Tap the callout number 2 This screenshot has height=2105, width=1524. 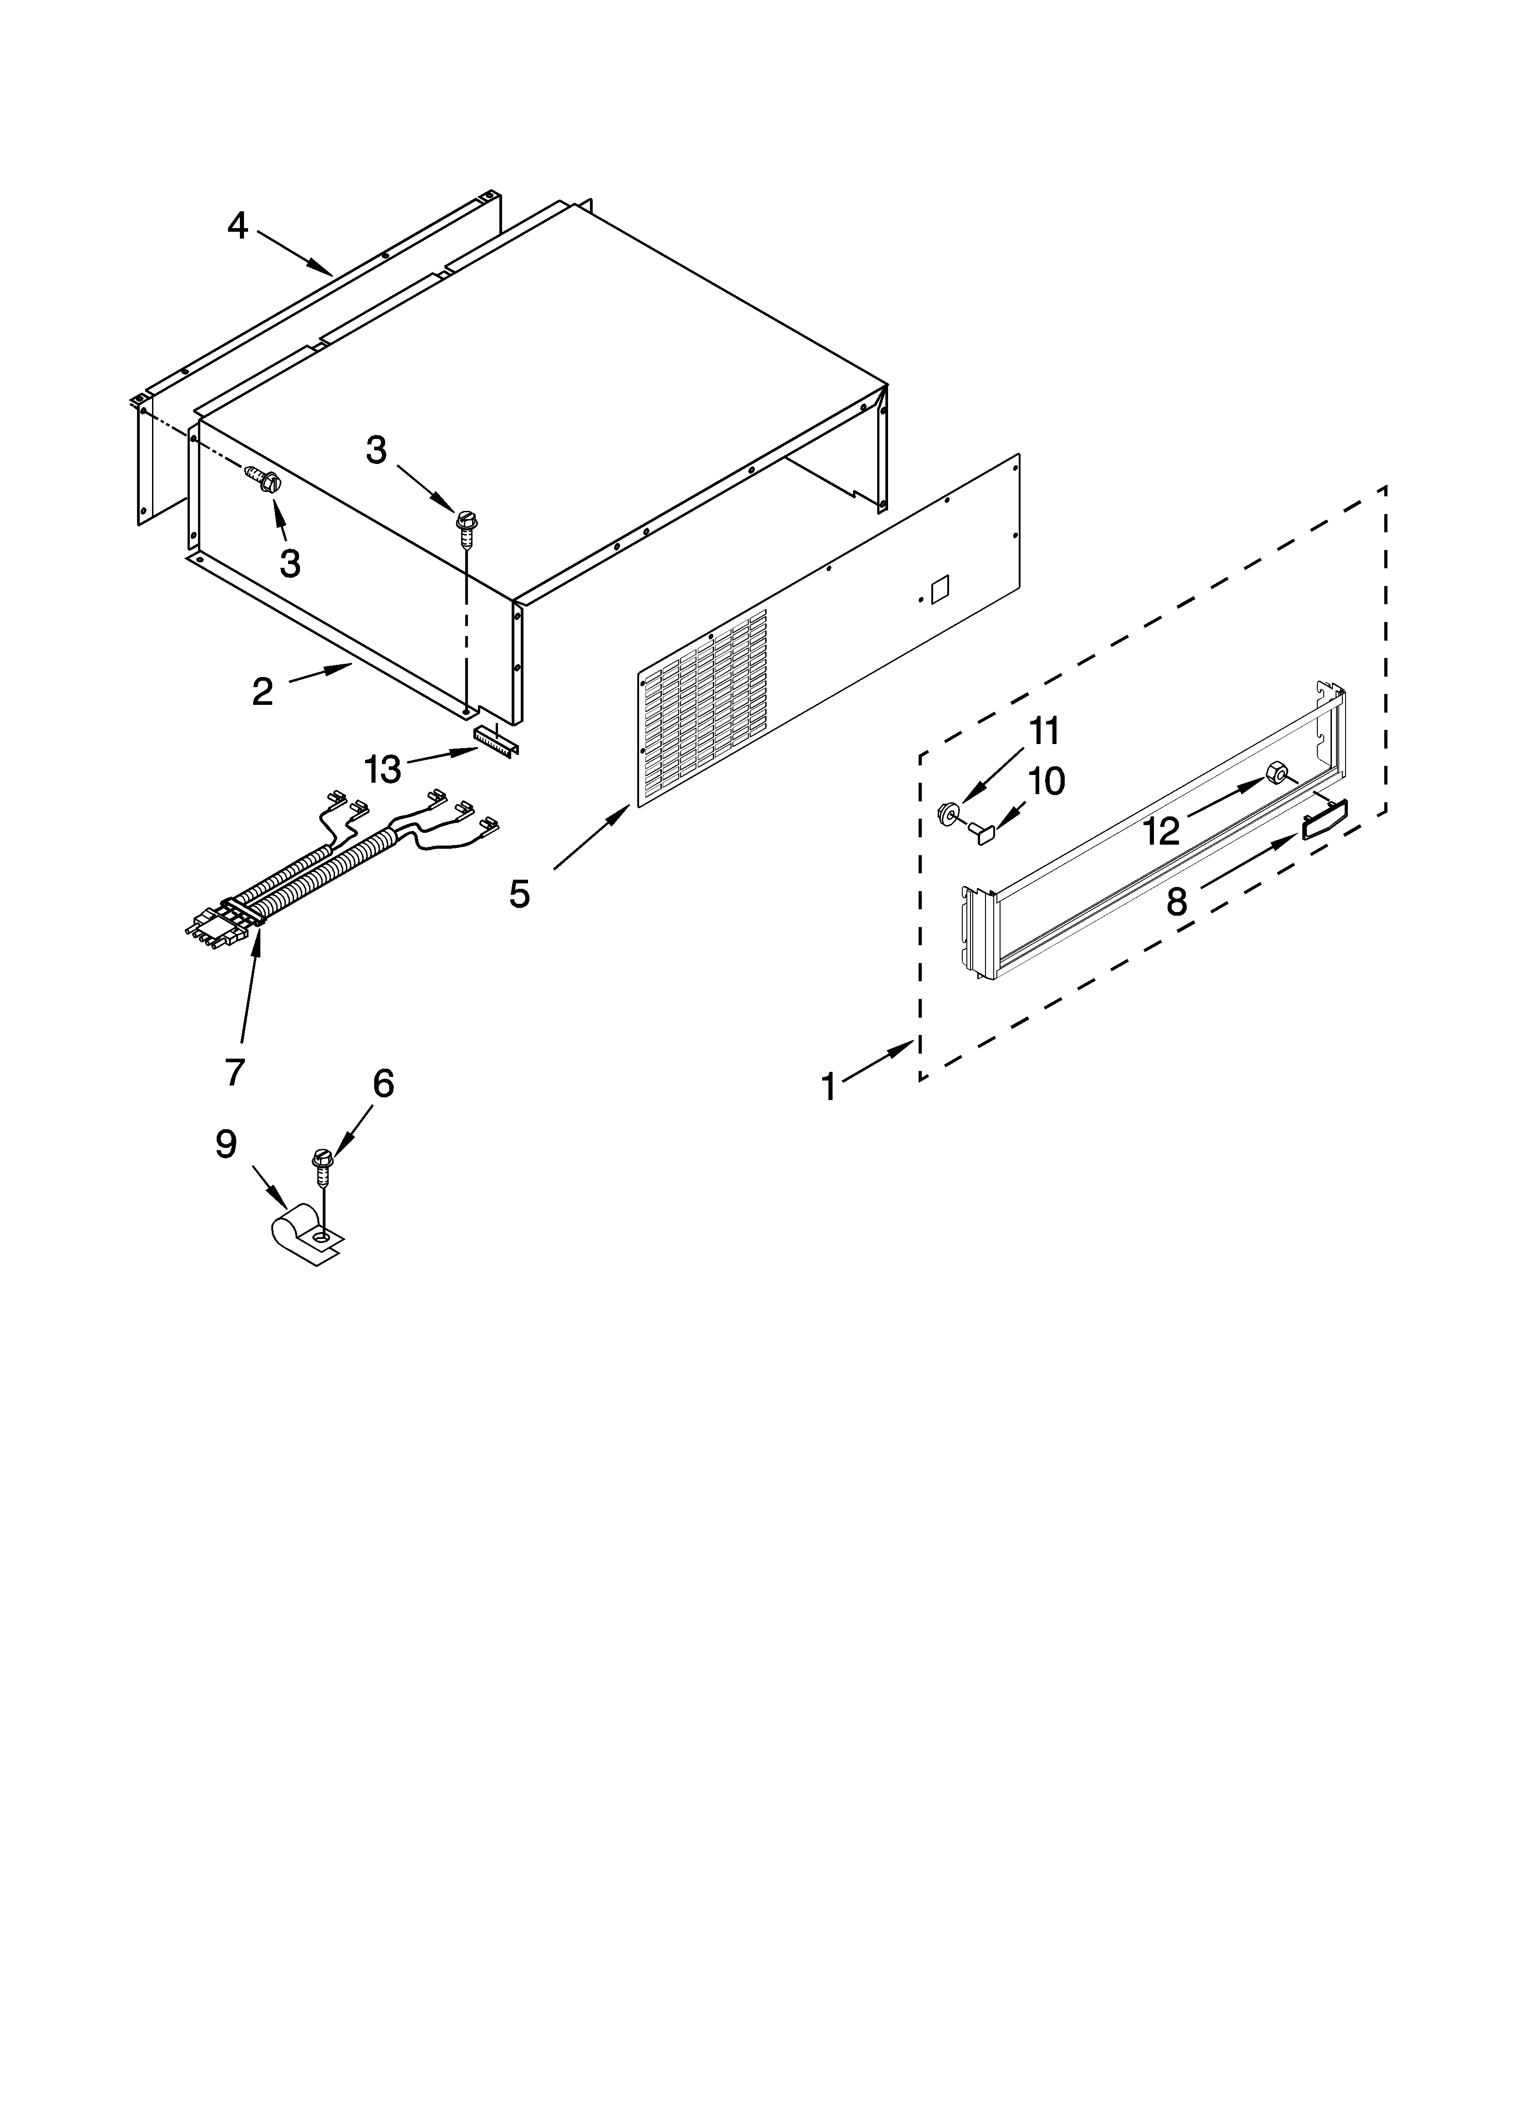[x=263, y=692]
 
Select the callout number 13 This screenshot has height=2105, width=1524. [x=382, y=769]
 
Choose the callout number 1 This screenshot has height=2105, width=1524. [x=829, y=1087]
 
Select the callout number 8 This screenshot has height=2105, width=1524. [x=1177, y=900]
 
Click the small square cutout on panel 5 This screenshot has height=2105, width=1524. [x=939, y=587]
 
